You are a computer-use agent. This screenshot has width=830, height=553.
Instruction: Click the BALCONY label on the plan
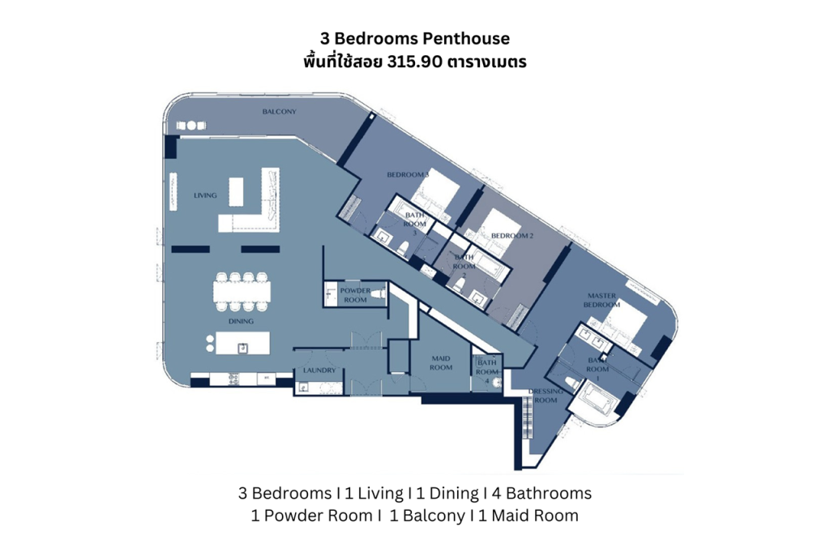click(279, 111)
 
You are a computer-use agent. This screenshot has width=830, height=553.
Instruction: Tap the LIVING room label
click(205, 195)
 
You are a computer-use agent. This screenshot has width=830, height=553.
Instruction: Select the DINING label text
click(241, 321)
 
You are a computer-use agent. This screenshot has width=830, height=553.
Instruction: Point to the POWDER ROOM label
click(355, 294)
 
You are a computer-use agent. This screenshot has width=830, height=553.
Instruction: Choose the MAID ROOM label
click(441, 362)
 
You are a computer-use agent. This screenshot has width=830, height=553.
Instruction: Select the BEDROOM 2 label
click(512, 236)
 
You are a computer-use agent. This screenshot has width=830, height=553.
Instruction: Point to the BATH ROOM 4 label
click(487, 371)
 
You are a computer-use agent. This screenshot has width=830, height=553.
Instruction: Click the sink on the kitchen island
click(242, 348)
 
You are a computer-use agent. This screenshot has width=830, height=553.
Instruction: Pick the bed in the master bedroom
click(625, 324)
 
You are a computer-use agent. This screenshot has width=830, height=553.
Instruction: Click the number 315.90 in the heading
click(412, 62)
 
